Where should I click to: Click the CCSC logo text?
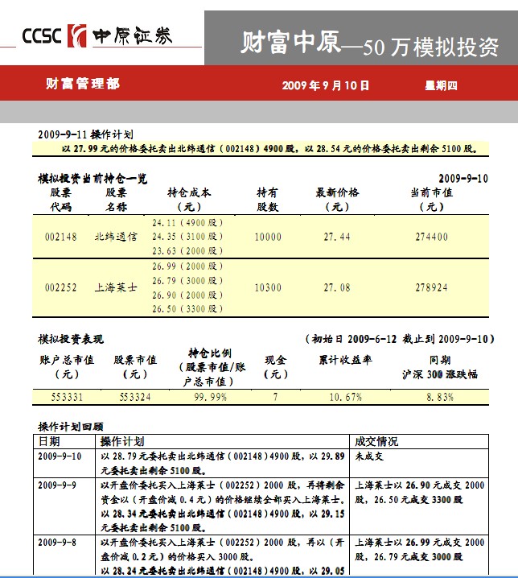(x=43, y=37)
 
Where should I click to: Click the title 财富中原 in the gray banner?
(x=290, y=43)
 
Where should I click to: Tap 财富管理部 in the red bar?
(x=83, y=84)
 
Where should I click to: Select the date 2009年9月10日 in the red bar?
(x=326, y=85)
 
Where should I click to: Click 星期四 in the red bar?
(x=441, y=85)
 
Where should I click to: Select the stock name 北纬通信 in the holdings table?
(x=116, y=237)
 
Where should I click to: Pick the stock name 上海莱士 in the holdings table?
(x=116, y=287)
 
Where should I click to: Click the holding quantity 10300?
(x=267, y=287)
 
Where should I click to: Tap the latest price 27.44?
(x=337, y=237)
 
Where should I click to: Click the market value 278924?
(x=431, y=287)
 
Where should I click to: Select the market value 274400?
(x=431, y=237)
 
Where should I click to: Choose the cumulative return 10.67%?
(x=345, y=397)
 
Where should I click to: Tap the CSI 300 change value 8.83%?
(x=440, y=397)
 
